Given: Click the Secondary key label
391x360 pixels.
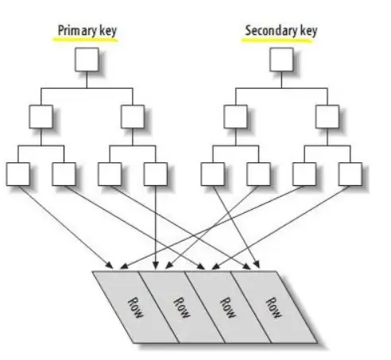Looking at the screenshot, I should (x=280, y=30).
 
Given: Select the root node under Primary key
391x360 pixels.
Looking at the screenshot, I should (x=86, y=60).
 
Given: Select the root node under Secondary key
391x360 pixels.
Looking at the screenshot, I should (x=281, y=60).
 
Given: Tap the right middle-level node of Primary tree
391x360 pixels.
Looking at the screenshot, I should (x=132, y=117).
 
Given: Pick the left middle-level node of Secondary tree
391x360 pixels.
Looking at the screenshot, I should (x=234, y=117).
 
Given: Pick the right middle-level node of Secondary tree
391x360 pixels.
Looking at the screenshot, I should (x=326, y=117).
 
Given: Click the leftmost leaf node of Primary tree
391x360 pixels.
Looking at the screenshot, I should (x=17, y=172).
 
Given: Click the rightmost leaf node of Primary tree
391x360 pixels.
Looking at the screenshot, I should (x=155, y=172).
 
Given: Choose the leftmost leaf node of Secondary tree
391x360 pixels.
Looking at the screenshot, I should (x=211, y=172).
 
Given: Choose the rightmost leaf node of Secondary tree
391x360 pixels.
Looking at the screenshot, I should (x=349, y=172).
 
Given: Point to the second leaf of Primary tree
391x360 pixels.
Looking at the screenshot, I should (x=63, y=172).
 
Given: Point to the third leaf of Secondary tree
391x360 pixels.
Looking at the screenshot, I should (x=303, y=172).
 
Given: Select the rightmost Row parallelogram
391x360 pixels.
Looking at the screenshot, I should (x=273, y=306).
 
